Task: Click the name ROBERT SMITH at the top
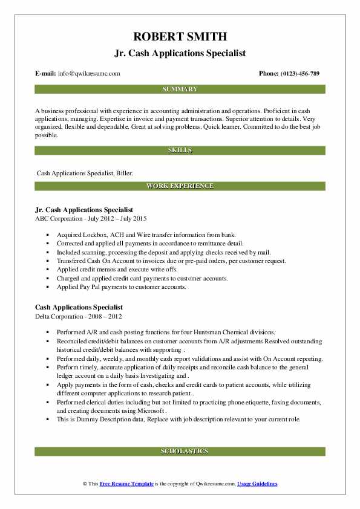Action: click(x=180, y=36)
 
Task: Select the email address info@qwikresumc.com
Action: click(x=88, y=74)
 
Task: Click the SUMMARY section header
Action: click(x=180, y=89)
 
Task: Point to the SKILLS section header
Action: click(x=180, y=149)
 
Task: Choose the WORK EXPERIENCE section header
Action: click(x=180, y=186)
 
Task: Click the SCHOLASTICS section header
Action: click(x=180, y=451)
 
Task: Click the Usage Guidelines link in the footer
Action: click(x=257, y=484)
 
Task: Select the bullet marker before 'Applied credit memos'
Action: click(x=48, y=270)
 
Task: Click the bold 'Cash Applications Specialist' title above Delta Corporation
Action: click(x=79, y=307)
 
